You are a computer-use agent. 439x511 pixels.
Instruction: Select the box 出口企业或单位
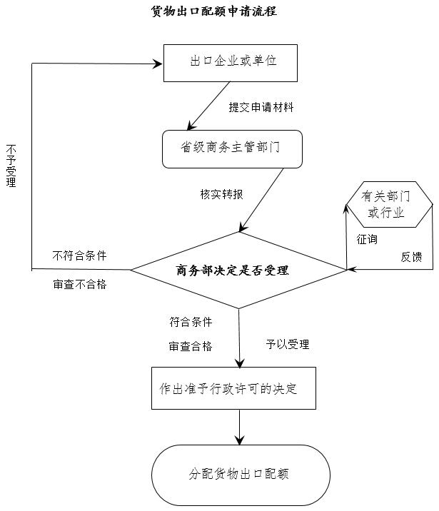coord(233,63)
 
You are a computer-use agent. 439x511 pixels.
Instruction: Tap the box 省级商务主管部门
coord(231,149)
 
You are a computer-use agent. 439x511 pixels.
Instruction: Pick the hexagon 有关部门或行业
coord(388,204)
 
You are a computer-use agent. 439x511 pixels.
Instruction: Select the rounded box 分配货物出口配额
coord(240,474)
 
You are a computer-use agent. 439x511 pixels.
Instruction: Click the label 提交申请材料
coord(261,107)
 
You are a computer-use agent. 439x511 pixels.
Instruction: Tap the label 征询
coord(367,239)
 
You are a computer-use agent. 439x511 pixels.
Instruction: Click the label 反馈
coord(411,257)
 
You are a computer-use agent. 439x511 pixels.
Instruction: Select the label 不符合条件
coord(80,255)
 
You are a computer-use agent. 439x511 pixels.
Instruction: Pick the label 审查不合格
coord(80,284)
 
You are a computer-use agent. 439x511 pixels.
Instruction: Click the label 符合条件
coord(191,322)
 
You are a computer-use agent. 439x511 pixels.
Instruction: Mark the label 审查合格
coord(191,346)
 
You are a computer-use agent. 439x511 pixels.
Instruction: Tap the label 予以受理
coord(288,344)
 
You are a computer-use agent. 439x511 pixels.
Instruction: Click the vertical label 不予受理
coord(11,165)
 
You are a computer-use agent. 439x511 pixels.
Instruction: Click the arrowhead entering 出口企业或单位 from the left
coord(158,64)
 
